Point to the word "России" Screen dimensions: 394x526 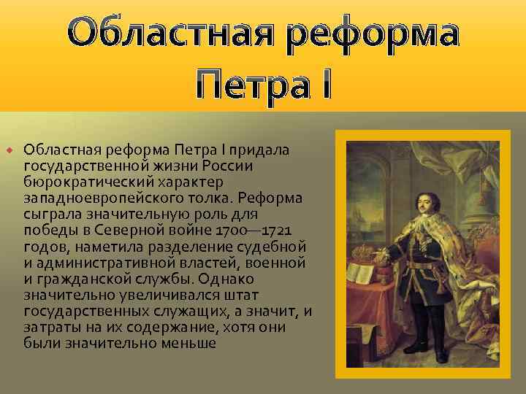[228, 165]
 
